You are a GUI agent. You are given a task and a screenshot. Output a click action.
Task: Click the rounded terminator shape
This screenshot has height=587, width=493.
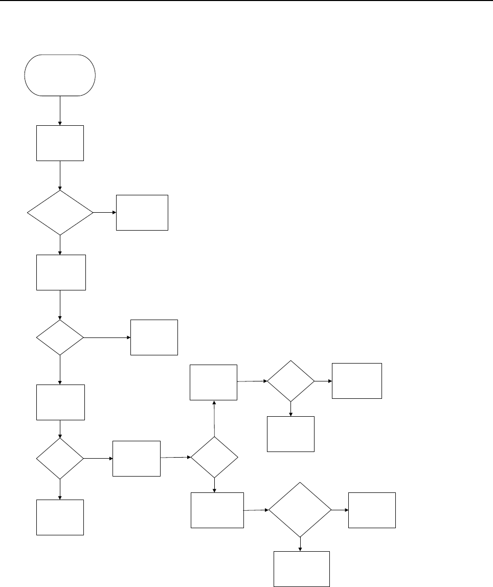coord(60,75)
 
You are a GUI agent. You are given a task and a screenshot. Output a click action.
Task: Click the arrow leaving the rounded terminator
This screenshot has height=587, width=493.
coord(60,110)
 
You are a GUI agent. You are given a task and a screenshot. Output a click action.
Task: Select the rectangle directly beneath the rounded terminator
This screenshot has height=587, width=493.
coord(60,143)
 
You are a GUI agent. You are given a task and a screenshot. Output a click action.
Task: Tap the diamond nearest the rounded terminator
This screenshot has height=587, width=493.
coord(60,212)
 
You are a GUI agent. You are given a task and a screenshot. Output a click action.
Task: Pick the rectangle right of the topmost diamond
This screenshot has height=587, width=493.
coord(142,212)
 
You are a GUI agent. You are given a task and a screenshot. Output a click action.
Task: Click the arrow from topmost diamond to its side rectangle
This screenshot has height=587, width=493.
coord(105,212)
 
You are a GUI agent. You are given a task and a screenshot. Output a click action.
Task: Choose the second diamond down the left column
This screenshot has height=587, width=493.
coord(60,338)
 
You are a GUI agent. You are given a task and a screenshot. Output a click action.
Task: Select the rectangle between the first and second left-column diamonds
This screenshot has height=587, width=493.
coord(61,273)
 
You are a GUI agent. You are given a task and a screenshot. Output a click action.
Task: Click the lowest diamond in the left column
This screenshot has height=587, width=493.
coord(60,458)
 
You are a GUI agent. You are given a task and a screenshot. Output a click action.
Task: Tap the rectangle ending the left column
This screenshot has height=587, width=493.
coord(60,517)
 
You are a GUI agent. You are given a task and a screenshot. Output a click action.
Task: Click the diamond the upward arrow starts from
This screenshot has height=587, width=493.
coord(214,457)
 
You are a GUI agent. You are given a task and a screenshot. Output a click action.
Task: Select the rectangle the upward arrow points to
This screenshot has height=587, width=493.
coord(213,382)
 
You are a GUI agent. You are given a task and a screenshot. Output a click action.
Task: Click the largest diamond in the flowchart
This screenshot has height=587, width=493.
coord(300,510)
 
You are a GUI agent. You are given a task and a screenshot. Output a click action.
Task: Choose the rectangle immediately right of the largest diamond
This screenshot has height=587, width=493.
coord(372,510)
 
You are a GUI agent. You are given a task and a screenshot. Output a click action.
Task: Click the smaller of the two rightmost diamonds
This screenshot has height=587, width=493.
coord(290,381)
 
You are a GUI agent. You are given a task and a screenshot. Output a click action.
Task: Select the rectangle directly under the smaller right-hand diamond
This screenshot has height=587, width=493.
coord(290,434)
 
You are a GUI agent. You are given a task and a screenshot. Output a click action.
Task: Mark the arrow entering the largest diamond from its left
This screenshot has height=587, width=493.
coord(256,510)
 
